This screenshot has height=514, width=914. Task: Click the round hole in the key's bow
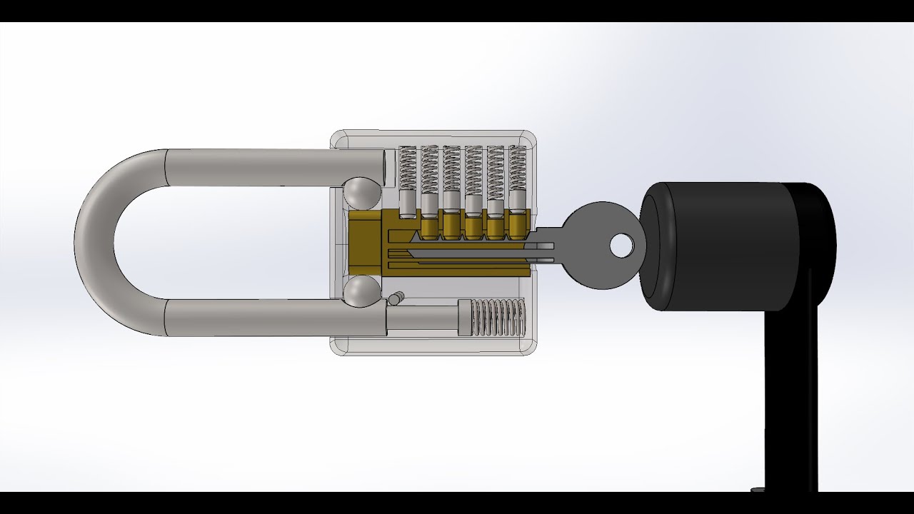tap(621, 246)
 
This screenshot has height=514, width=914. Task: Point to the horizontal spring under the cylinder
tap(501, 318)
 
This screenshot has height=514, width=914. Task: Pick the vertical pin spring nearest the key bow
tap(517, 168)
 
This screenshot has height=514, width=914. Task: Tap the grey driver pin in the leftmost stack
tap(407, 203)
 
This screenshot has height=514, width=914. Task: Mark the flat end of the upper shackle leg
tap(390, 167)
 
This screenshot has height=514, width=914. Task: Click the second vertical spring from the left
tap(429, 168)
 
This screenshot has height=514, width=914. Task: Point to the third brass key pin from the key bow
tap(473, 227)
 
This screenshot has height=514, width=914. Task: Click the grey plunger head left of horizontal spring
tap(465, 318)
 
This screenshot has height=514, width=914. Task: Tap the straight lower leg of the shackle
tap(271, 318)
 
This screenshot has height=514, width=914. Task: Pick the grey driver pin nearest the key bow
tap(517, 200)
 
